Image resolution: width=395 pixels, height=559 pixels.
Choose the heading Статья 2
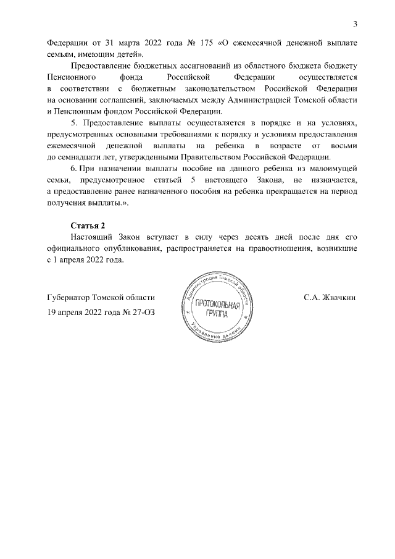(88, 225)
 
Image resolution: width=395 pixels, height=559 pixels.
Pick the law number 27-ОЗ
(141, 312)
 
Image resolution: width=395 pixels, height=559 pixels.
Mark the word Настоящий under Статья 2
(93, 237)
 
